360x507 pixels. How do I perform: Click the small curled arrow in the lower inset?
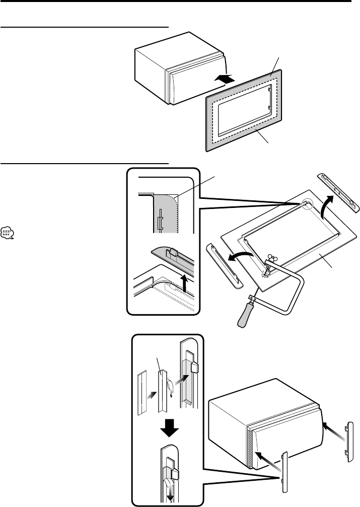point(172,389)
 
